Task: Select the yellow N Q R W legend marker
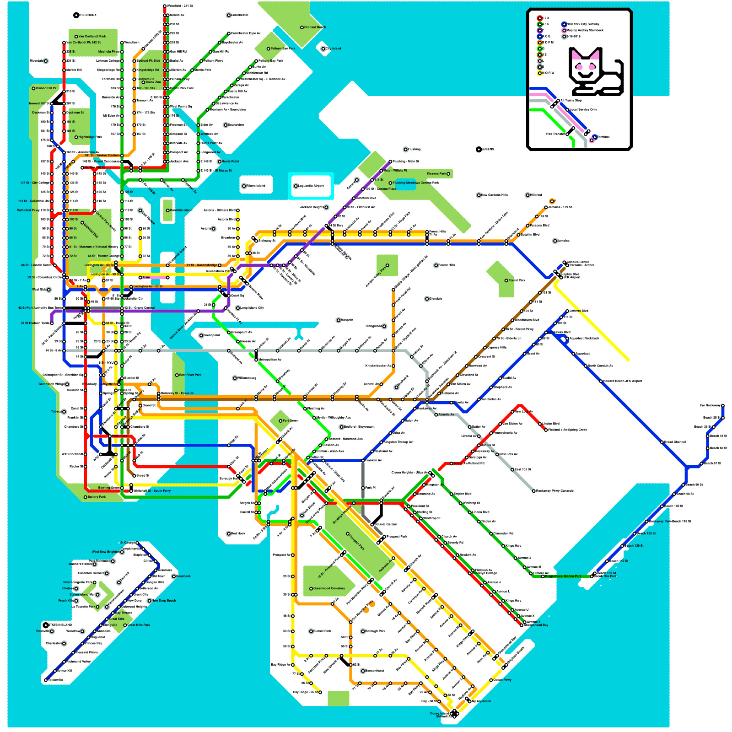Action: [x=540, y=73]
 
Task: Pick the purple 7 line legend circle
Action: [x=540, y=30]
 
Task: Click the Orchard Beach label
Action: [x=315, y=27]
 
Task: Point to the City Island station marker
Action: [x=323, y=48]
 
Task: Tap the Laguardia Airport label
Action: [x=312, y=186]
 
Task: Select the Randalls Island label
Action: [x=181, y=210]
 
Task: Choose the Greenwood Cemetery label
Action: [x=329, y=588]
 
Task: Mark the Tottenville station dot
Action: [x=46, y=680]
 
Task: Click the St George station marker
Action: [x=137, y=543]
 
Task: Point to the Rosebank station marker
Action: [x=174, y=576]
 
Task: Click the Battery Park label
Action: [x=97, y=497]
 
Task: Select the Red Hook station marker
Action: [x=229, y=533]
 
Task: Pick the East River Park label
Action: [x=190, y=375]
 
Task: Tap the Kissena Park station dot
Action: [x=448, y=174]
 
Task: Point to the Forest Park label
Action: [x=517, y=280]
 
